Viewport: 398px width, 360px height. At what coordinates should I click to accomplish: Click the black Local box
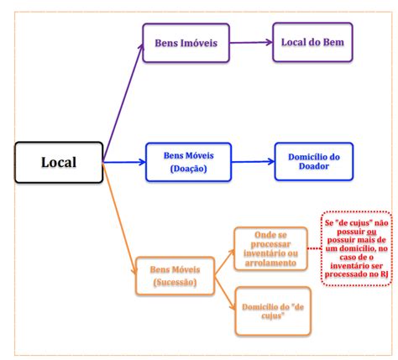59,162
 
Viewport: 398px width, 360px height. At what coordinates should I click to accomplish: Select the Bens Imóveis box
186,43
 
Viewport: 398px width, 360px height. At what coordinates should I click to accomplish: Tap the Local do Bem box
312,42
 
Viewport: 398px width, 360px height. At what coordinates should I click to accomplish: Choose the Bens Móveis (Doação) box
188,162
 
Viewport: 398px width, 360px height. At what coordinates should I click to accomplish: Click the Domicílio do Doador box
314,161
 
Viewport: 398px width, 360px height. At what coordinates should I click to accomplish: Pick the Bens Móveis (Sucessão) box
175,276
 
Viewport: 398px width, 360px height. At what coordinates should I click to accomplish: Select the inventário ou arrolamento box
270,248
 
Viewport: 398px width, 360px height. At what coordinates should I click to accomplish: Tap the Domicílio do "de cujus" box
273,310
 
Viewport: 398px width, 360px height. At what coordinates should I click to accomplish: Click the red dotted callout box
356,248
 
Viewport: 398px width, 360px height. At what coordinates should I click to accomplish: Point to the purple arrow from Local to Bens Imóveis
123,102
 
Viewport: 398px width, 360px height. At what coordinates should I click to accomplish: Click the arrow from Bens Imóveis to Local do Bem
251,43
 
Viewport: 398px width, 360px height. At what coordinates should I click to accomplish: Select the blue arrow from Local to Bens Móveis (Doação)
124,162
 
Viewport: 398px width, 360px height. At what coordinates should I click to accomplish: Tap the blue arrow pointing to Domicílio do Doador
253,161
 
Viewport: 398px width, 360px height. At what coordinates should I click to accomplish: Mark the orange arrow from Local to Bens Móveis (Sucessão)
119,219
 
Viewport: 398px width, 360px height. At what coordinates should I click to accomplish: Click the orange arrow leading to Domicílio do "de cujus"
224,293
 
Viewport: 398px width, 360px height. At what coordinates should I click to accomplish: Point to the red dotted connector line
314,248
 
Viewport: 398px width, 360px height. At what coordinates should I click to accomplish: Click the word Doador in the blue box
314,166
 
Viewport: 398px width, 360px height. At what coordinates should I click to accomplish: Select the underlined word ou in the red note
372,232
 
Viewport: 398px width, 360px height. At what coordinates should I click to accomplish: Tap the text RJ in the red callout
384,274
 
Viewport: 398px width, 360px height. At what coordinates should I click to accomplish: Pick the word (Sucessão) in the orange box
175,282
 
